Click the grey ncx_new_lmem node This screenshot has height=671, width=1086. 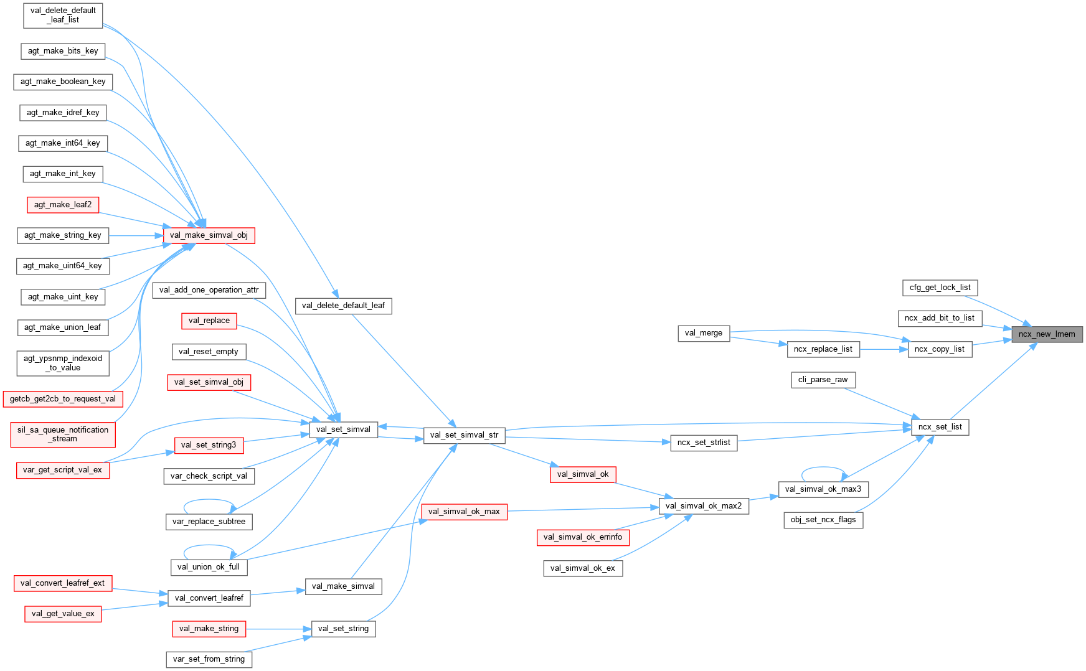point(1046,334)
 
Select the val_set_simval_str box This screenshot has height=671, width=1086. point(464,435)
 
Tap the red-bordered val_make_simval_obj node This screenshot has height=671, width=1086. point(209,235)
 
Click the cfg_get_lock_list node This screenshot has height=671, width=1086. point(940,288)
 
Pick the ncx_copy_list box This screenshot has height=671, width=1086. point(939,349)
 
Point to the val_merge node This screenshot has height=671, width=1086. point(703,333)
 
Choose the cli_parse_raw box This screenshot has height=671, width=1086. point(823,380)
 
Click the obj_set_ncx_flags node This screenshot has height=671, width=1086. point(823,520)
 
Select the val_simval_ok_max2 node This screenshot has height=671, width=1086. point(703,506)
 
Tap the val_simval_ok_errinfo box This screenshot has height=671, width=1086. point(582,537)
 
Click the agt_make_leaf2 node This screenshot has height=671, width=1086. point(63,205)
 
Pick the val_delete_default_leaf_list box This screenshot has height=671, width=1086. point(63,15)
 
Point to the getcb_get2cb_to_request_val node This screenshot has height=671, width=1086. point(63,399)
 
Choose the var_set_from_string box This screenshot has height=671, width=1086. point(209,659)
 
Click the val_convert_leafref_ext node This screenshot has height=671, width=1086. point(62,583)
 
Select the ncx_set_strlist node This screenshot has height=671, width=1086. point(703,443)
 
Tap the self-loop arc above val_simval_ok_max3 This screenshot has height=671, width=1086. point(823,467)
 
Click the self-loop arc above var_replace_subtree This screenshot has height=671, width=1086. point(209,500)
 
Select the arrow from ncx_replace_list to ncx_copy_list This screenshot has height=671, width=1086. point(884,349)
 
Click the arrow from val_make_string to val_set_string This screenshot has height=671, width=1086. point(278,629)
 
